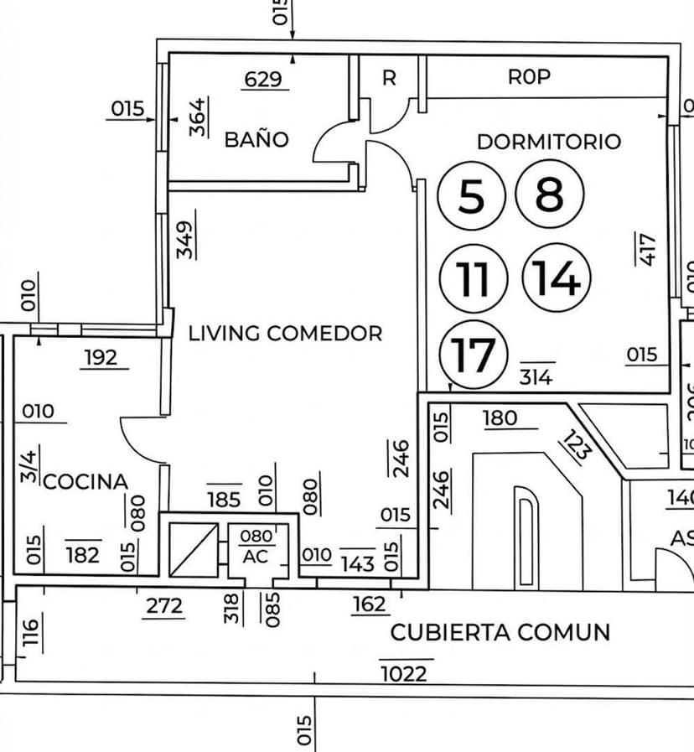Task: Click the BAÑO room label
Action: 256,139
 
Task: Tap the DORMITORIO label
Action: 549,142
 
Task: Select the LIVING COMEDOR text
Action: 285,333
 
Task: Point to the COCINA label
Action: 85,481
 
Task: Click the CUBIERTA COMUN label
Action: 500,632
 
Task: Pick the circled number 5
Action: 472,196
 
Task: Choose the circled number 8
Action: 549,194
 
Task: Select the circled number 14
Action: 557,277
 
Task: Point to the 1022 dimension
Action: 404,673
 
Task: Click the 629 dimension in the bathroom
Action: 262,80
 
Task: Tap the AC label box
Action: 256,556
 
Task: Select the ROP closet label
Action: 529,77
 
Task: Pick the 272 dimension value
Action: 163,605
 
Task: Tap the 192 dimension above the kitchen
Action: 101,358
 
